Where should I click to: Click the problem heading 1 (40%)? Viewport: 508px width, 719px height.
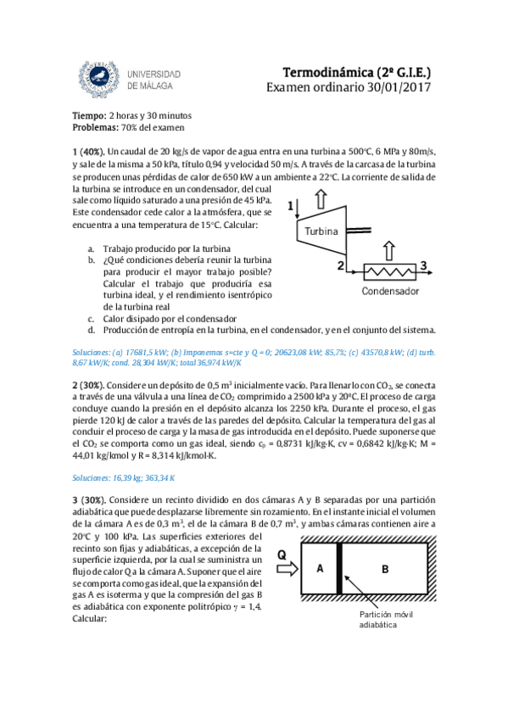[x=90, y=150]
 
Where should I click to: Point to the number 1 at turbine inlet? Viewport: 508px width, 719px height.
[x=292, y=206]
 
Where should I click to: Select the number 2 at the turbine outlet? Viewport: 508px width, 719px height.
[x=340, y=266]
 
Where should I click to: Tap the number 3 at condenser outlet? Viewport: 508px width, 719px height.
[x=423, y=266]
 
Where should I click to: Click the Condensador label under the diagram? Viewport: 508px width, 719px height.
[x=390, y=291]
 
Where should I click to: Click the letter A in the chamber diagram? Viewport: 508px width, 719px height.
[x=321, y=568]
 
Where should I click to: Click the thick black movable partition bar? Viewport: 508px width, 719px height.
[x=340, y=569]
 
